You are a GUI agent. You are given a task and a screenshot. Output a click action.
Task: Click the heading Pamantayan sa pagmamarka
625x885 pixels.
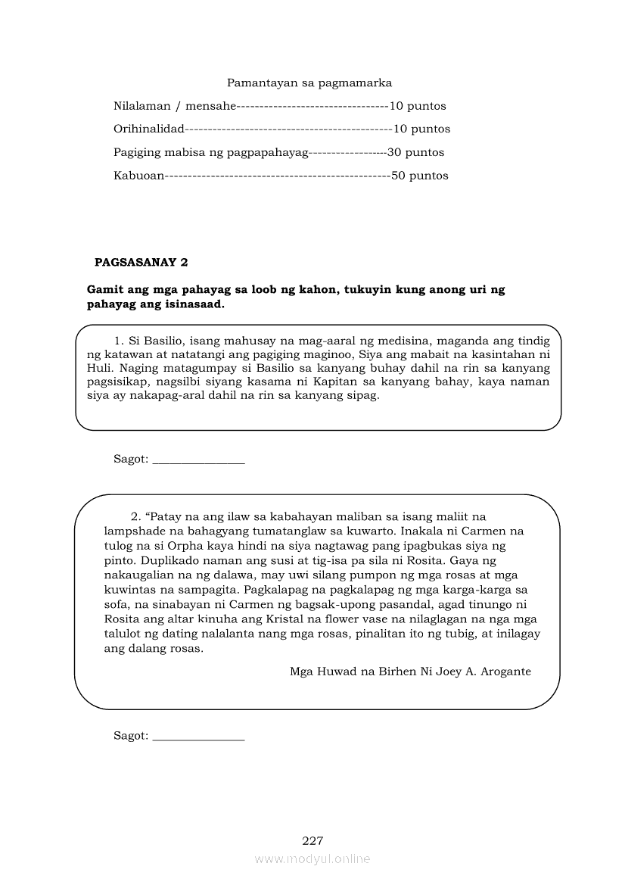click(x=309, y=83)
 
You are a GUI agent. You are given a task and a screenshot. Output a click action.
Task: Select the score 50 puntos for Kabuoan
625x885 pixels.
click(x=419, y=176)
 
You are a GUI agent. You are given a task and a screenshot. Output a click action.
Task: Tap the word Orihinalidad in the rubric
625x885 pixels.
click(x=148, y=129)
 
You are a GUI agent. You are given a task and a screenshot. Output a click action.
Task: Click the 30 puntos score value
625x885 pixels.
click(x=415, y=152)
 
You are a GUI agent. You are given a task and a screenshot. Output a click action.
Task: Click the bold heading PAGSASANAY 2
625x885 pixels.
click(x=141, y=263)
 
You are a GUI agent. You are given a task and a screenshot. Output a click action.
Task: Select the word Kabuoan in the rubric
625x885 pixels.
click(x=138, y=176)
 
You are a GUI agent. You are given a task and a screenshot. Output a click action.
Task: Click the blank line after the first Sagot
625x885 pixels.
click(x=198, y=460)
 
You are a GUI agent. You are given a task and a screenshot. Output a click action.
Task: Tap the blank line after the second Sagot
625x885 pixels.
click(x=198, y=736)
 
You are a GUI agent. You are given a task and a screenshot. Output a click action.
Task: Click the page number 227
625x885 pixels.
click(x=312, y=840)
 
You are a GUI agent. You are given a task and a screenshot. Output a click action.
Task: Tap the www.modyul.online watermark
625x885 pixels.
click(x=312, y=859)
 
